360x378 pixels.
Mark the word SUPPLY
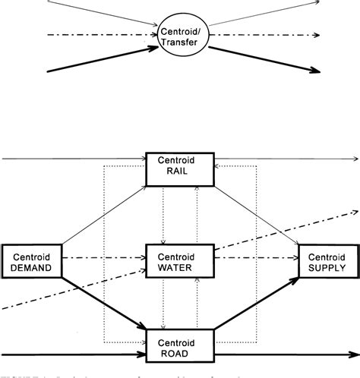pyautogui.click(x=327, y=267)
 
